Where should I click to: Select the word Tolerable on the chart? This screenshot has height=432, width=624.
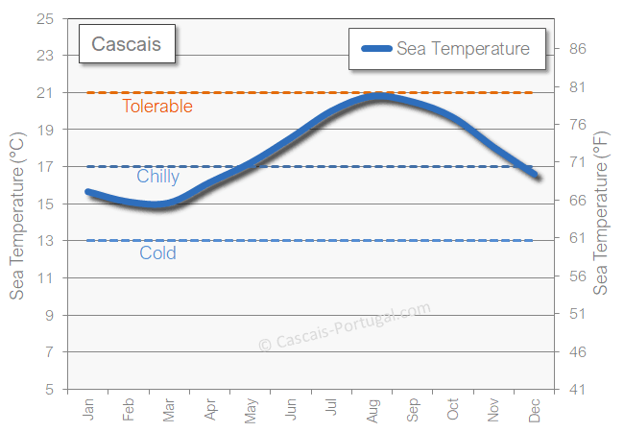click(x=157, y=107)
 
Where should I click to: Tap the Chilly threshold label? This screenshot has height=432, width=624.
click(x=157, y=177)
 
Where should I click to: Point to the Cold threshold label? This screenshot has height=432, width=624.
click(x=157, y=253)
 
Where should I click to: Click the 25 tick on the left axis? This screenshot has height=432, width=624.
click(x=44, y=18)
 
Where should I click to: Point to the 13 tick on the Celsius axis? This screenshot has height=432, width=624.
click(x=44, y=241)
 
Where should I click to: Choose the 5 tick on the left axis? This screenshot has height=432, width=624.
click(x=48, y=390)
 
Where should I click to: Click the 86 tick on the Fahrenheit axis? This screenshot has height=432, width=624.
click(x=578, y=49)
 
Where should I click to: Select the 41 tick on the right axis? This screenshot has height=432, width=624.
click(x=578, y=390)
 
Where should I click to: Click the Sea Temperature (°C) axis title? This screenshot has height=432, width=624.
click(x=16, y=204)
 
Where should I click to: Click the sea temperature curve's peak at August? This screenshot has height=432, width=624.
click(x=380, y=96)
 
